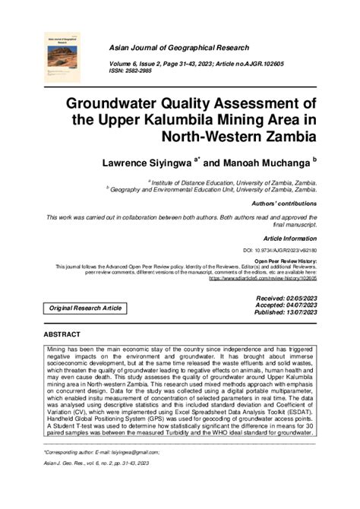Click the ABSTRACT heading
tap(62, 334)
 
